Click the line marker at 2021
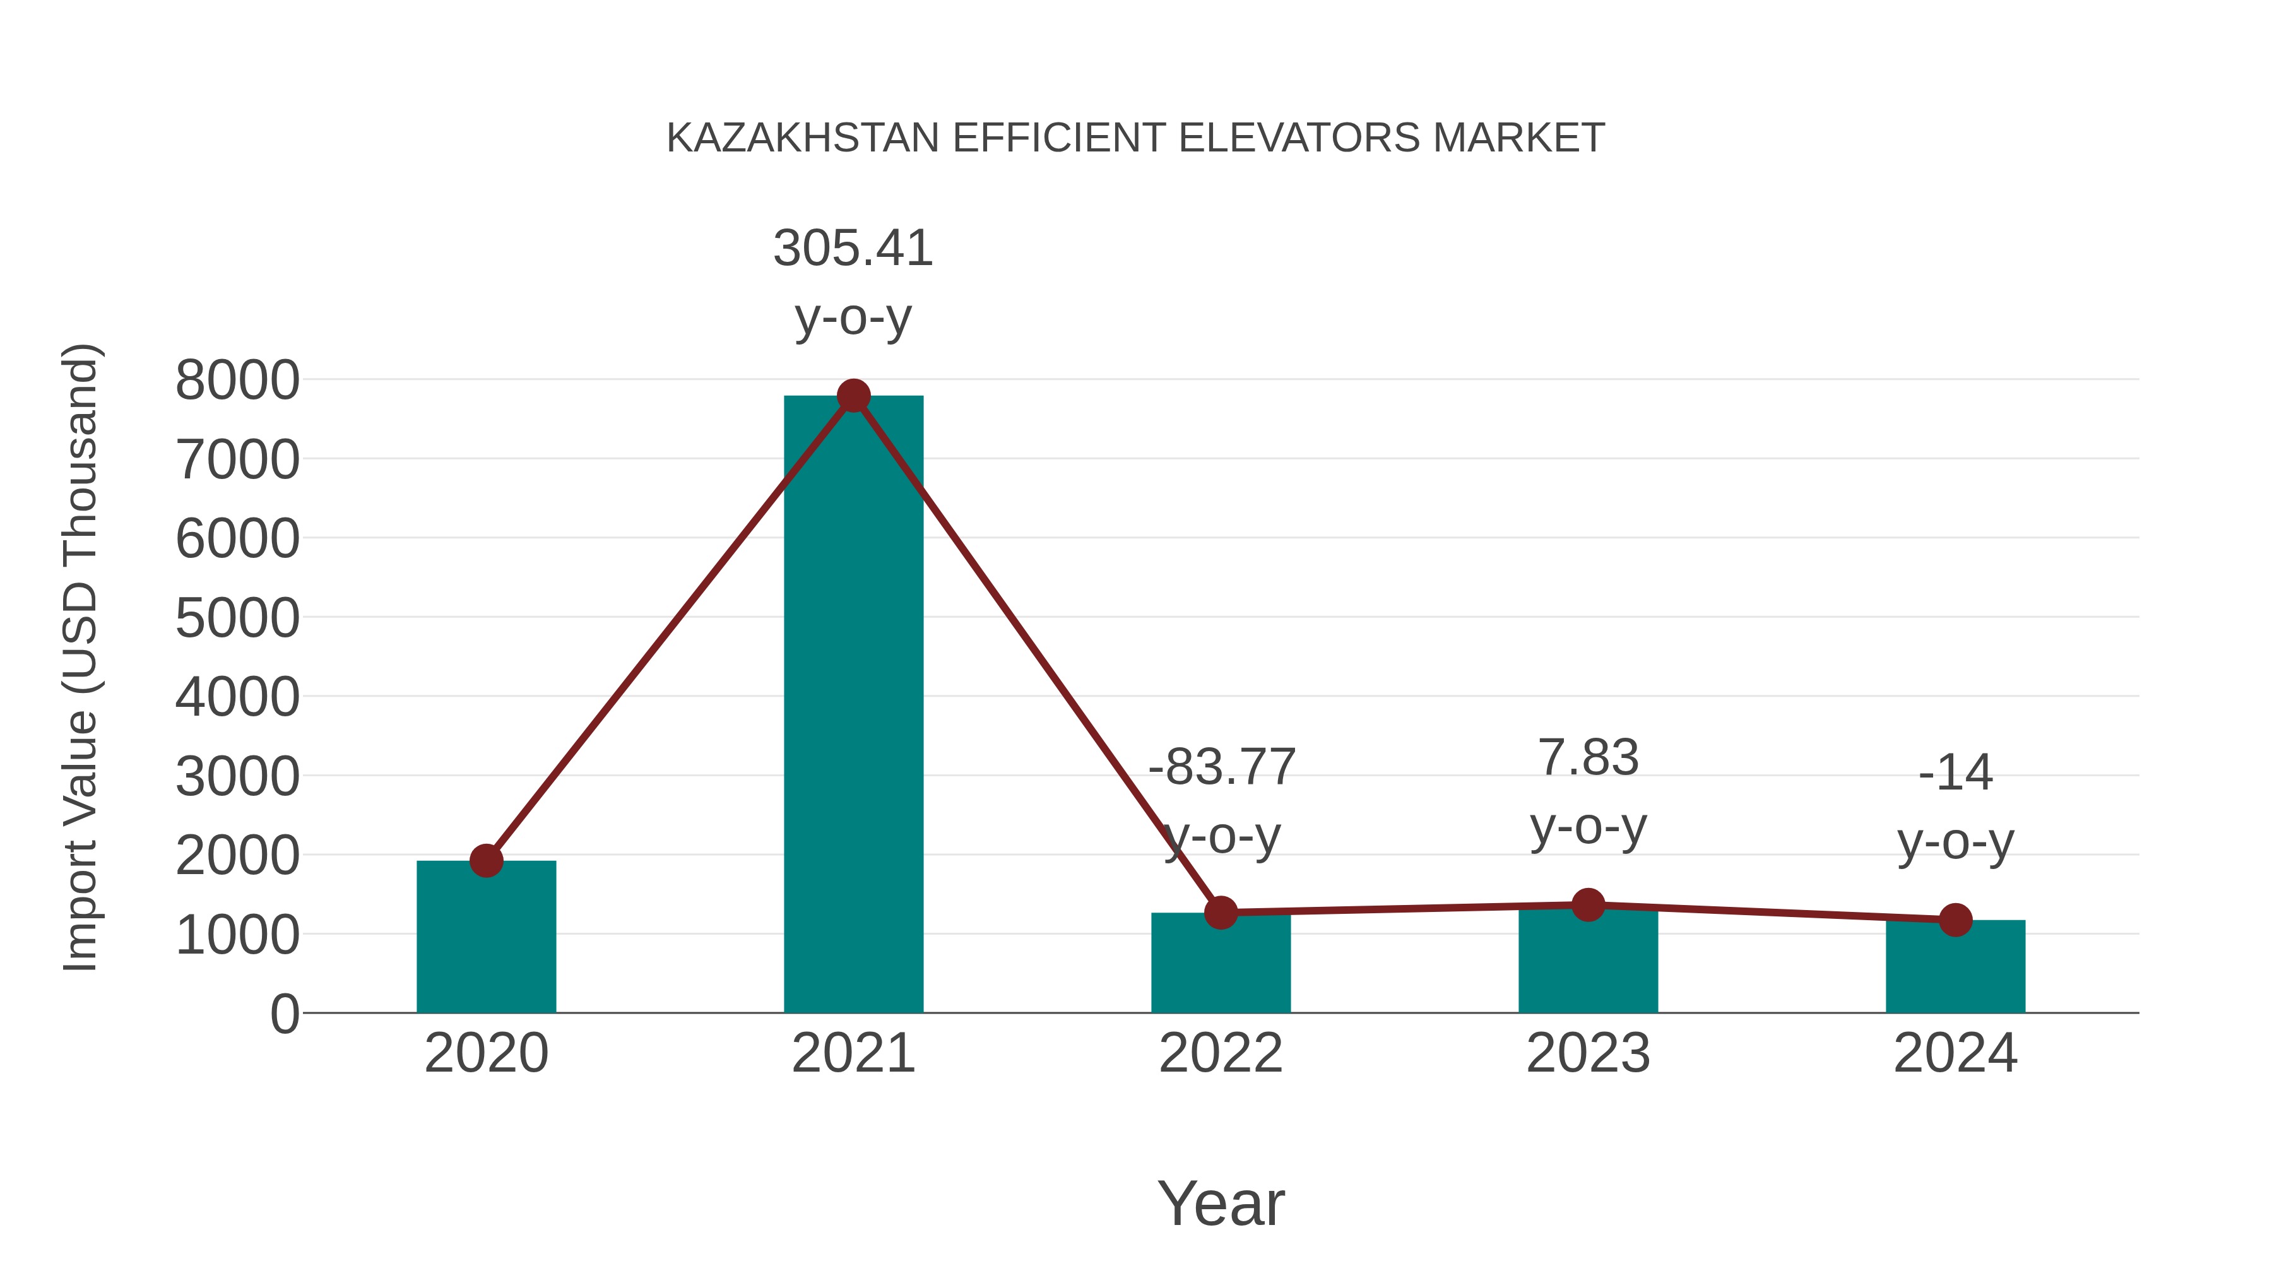[853, 396]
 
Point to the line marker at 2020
[486, 860]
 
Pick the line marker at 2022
[1221, 912]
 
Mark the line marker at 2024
[1955, 920]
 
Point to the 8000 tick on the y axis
[237, 381]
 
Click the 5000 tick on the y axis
[237, 618]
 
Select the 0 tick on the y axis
[284, 1014]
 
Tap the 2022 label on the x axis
[1221, 1053]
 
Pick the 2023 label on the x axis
[1588, 1053]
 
